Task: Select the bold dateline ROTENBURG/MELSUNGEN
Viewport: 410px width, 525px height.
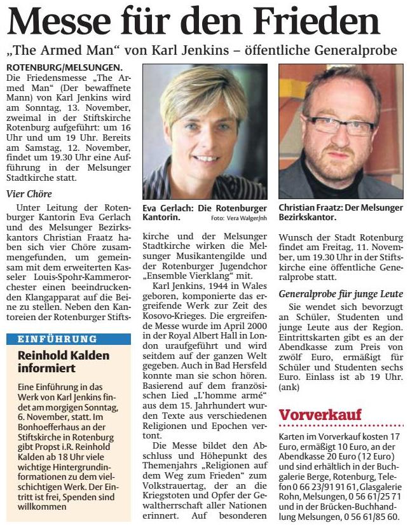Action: (64, 67)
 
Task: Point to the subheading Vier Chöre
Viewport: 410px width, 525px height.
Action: (29, 193)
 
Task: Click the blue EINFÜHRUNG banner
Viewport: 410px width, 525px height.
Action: (53, 339)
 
